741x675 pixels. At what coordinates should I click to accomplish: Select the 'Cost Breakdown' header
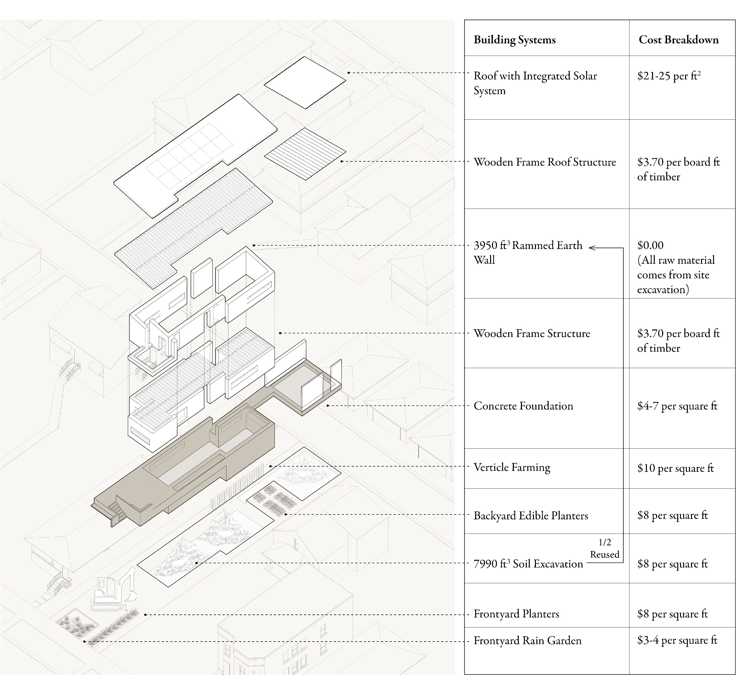tap(679, 40)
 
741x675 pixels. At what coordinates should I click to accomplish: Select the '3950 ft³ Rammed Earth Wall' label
tap(528, 252)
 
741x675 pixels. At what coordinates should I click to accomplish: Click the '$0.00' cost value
tap(650, 245)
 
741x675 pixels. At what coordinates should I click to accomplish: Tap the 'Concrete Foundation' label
tap(523, 406)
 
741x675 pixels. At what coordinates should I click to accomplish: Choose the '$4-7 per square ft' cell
tap(677, 406)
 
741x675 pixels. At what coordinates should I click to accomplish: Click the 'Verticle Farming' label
tap(512, 467)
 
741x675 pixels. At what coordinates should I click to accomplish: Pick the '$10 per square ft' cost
tap(675, 468)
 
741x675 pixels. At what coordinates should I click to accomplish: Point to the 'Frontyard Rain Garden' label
tap(527, 640)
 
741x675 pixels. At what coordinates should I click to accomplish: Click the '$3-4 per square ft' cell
tap(677, 640)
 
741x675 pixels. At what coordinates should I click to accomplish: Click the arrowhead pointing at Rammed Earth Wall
tap(592, 248)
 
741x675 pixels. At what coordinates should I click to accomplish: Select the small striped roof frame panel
tap(305, 154)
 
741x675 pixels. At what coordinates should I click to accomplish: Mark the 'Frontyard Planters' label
tap(516, 614)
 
